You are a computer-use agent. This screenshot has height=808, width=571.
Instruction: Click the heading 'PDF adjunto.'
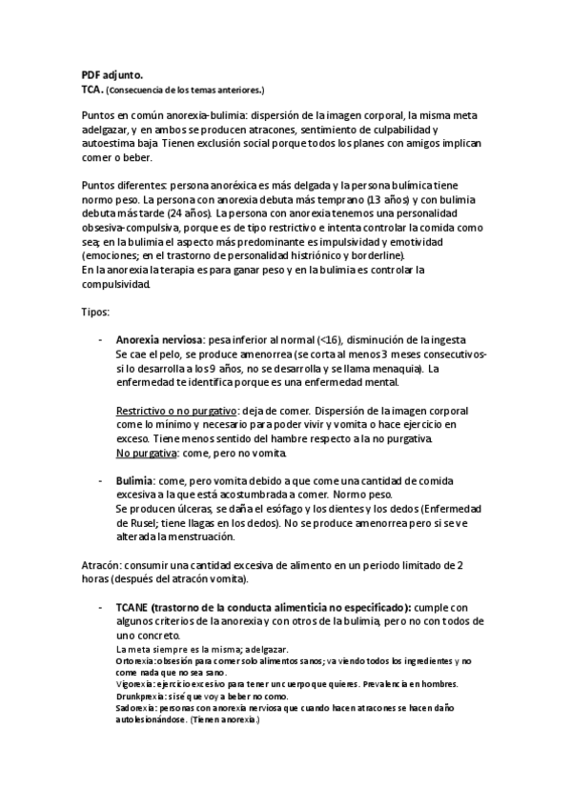112,73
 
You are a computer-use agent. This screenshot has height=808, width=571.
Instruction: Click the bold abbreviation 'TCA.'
92,88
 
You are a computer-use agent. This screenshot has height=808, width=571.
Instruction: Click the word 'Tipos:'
96,312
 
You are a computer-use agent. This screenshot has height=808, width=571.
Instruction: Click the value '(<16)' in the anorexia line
332,340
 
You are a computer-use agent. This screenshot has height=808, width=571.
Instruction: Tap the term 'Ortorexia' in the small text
134,660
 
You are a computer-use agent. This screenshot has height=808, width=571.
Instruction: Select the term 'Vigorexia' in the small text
134,684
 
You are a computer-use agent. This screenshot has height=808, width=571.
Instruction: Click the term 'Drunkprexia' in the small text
138,697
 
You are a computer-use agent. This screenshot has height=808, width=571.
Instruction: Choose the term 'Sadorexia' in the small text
134,709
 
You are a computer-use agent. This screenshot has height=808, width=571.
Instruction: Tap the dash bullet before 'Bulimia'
101,482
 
